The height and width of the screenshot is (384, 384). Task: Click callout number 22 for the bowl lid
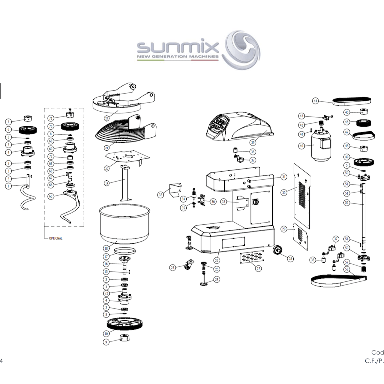[106, 118]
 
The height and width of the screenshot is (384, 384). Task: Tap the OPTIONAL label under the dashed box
[55, 238]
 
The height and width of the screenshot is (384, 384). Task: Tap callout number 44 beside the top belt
[315, 101]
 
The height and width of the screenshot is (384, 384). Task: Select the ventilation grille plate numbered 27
[253, 257]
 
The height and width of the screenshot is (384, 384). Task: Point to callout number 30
[284, 193]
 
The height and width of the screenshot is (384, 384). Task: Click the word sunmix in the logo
[178, 47]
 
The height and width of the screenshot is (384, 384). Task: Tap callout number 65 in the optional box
[51, 196]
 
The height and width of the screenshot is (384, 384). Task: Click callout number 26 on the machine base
[217, 260]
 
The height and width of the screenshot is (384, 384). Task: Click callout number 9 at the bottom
[106, 342]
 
